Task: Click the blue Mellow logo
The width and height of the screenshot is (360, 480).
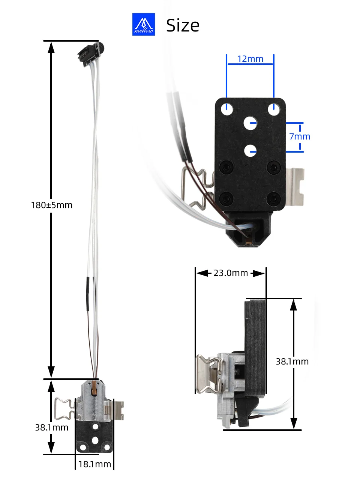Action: [143, 24]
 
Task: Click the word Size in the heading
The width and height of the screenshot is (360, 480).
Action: [183, 25]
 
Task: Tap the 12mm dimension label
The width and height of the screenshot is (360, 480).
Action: [250, 59]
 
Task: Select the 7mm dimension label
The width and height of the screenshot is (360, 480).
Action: [300, 136]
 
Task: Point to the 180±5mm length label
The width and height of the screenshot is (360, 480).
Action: [52, 205]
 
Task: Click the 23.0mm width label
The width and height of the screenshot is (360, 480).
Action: [231, 273]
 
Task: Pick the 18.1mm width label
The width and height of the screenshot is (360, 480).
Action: [94, 464]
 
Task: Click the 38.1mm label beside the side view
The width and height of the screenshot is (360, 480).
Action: [292, 361]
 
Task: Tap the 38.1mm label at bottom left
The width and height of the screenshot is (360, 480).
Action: [52, 427]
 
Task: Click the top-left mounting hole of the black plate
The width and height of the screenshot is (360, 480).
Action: [227, 109]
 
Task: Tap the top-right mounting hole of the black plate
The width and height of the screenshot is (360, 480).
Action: [274, 109]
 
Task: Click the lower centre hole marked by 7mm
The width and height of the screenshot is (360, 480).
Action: [250, 151]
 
